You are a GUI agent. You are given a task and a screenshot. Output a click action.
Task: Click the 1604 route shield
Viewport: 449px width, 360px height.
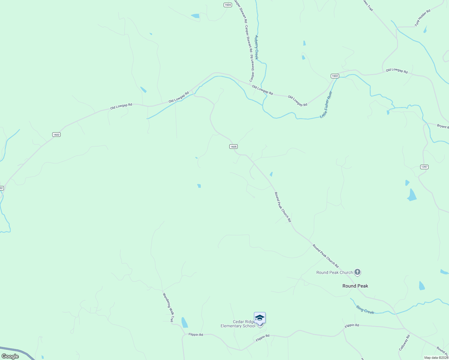tap(228, 5)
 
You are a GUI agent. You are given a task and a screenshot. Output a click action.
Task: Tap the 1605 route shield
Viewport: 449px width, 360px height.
tap(233, 146)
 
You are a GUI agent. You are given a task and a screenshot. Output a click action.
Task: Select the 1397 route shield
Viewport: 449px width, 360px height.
tap(424, 167)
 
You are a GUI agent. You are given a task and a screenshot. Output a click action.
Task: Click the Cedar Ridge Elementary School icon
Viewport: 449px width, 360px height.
tap(260, 318)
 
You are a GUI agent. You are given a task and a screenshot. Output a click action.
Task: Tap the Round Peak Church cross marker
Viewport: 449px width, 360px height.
tap(357, 272)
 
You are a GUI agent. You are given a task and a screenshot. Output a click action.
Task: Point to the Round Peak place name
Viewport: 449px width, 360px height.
tap(355, 286)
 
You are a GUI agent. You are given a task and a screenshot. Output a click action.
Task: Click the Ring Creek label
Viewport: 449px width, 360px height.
tap(365, 310)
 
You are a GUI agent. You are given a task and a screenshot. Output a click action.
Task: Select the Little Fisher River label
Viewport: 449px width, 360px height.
tap(326, 105)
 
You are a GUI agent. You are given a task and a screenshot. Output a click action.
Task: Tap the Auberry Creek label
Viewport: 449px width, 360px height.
tap(256, 47)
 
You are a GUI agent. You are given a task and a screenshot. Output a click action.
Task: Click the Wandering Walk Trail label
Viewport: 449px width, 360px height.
tap(168, 307)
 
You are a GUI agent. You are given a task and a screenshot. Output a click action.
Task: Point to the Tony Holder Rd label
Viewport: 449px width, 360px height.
tap(423, 18)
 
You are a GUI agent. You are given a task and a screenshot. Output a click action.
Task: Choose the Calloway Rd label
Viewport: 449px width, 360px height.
tap(404, 343)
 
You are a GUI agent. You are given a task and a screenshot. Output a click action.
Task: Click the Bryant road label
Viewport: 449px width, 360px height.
tap(443, 126)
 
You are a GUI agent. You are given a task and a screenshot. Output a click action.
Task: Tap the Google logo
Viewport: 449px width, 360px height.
tap(10, 356)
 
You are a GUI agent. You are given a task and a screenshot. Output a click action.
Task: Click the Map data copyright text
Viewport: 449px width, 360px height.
tap(436, 358)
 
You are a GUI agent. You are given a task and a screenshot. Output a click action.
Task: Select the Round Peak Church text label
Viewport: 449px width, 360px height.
tap(335, 272)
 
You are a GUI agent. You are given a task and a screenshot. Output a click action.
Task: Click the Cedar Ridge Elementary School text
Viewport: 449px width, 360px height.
tap(238, 324)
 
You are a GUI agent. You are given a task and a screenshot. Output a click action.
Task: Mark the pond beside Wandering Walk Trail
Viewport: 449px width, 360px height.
tap(184, 322)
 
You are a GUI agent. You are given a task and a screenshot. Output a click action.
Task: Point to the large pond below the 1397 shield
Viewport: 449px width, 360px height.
tap(412, 195)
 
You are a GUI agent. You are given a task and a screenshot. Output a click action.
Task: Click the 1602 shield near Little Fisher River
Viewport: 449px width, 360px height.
tap(335, 76)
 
